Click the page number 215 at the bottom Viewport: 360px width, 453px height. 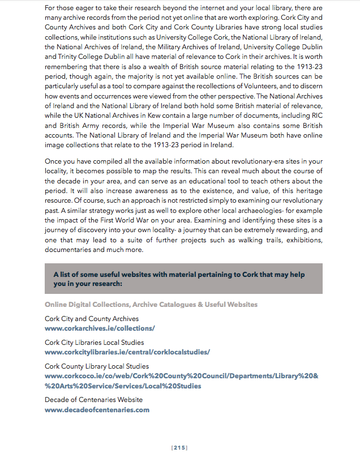pos(179,447)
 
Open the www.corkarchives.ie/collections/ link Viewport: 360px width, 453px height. pos(100,328)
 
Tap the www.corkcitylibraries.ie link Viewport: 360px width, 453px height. pos(127,352)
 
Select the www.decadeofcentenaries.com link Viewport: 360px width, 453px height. pos(97,409)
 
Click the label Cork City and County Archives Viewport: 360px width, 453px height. pos(91,319)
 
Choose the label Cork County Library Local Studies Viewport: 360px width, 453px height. pos(97,366)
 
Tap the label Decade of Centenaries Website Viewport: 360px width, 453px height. pos(93,400)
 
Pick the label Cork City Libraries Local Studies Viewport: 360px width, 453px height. pos(94,343)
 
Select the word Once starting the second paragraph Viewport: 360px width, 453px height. pos(53,162)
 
